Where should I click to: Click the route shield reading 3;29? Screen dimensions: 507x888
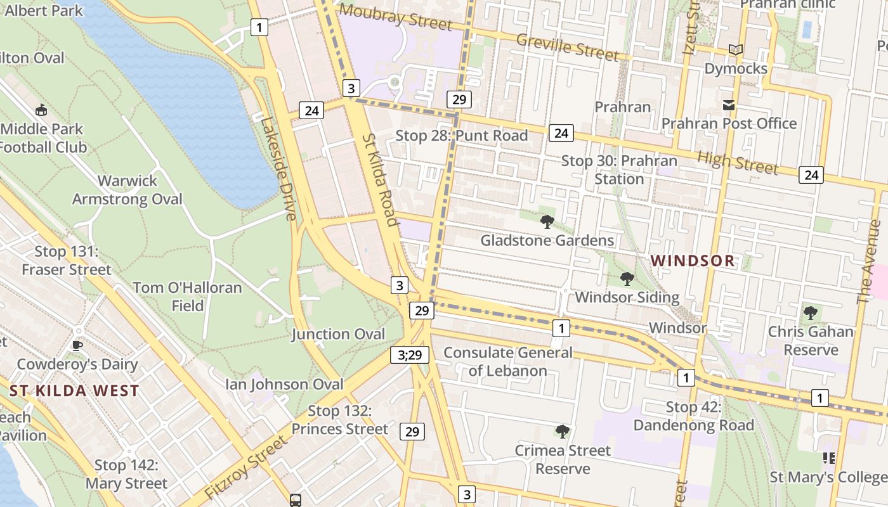click(x=410, y=355)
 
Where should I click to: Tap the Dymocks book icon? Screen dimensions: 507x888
click(x=736, y=50)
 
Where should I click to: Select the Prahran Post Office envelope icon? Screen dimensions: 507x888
click(x=728, y=105)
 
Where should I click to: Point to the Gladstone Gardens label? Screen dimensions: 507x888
click(x=547, y=240)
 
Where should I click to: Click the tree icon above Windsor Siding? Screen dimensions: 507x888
click(x=627, y=278)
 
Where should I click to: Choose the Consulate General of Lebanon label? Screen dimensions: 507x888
click(x=507, y=361)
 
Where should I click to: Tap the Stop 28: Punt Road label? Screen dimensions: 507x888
click(x=461, y=136)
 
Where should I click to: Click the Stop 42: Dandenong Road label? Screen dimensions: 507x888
click(x=693, y=416)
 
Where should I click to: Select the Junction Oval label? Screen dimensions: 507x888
click(x=338, y=334)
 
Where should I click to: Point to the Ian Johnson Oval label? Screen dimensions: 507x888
click(x=284, y=384)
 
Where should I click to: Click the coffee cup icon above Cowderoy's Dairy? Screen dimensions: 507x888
click(x=77, y=345)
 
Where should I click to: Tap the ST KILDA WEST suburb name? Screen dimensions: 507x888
click(x=74, y=390)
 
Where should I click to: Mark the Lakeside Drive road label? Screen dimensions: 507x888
click(x=278, y=169)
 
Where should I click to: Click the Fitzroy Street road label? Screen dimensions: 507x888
click(x=247, y=468)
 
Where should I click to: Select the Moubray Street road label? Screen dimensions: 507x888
click(x=395, y=16)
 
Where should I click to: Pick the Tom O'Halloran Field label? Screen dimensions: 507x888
click(x=187, y=297)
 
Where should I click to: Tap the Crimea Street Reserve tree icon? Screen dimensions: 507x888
click(x=562, y=432)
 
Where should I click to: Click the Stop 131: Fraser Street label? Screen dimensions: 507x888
click(x=66, y=260)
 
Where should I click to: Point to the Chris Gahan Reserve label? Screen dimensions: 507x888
click(x=811, y=341)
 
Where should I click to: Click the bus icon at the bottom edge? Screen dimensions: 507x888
click(x=296, y=500)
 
